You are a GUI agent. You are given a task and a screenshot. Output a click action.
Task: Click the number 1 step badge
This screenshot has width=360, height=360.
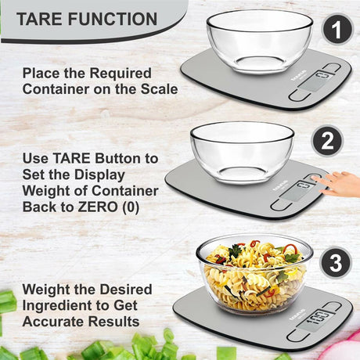pos(337,30)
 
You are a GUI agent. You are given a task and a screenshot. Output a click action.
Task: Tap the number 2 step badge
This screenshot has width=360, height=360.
pos(328,141)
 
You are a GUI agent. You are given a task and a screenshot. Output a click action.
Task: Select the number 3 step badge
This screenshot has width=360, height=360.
pos(336,263)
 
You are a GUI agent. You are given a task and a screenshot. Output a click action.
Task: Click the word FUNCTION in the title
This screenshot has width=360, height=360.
pos(113,19)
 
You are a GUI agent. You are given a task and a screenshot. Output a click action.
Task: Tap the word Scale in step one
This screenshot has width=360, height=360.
pos(160,89)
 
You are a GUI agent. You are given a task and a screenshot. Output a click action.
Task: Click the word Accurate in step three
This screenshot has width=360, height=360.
pos(53,322)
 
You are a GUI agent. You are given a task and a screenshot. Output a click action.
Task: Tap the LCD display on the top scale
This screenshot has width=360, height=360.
pos(315,81)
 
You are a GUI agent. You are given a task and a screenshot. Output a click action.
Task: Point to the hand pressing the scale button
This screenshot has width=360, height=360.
pos(338,184)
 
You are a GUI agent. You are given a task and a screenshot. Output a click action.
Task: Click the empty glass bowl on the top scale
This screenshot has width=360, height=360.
pos(260,41)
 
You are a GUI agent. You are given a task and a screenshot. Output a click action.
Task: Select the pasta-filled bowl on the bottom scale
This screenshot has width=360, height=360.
pos(254,274)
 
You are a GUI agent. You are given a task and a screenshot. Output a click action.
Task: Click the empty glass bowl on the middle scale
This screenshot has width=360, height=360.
pos(242,153)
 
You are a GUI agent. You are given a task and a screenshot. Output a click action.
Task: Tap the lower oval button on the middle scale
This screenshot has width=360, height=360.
pos(281,204)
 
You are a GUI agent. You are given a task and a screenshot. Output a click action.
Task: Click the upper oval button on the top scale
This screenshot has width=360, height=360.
pos(332,67)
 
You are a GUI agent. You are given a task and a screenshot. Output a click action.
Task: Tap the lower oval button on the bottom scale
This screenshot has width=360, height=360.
pos(298,335)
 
